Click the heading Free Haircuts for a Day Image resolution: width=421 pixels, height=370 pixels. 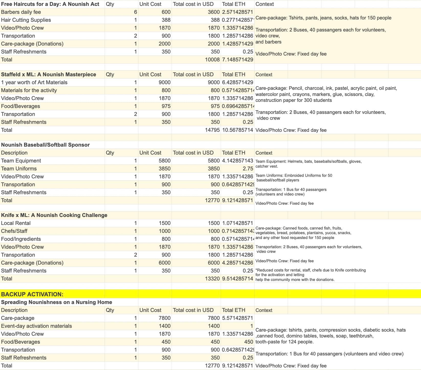point(50,4)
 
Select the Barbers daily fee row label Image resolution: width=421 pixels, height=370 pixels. point(21,12)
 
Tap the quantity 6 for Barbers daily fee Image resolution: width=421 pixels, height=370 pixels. point(135,12)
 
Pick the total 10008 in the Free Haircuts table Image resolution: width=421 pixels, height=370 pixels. point(212,60)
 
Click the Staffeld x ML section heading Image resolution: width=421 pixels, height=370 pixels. point(49,74)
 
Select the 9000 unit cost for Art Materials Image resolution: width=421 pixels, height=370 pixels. point(164,82)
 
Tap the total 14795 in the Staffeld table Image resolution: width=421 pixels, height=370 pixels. point(212,130)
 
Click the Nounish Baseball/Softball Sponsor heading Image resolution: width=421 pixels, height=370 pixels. point(45,145)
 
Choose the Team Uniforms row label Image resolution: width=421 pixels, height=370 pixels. point(19,169)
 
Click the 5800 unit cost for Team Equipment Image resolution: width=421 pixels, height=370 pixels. point(164,161)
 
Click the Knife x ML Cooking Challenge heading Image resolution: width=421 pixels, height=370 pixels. point(54,215)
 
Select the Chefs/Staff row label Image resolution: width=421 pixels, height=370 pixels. point(14,231)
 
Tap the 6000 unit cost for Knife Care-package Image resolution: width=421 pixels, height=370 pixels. point(164,263)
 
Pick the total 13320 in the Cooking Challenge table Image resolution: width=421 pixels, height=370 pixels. point(212,279)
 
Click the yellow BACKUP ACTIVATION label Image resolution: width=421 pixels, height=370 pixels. point(32,294)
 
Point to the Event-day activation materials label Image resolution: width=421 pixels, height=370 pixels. point(37,326)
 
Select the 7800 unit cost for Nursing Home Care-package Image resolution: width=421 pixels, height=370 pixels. point(164,318)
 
